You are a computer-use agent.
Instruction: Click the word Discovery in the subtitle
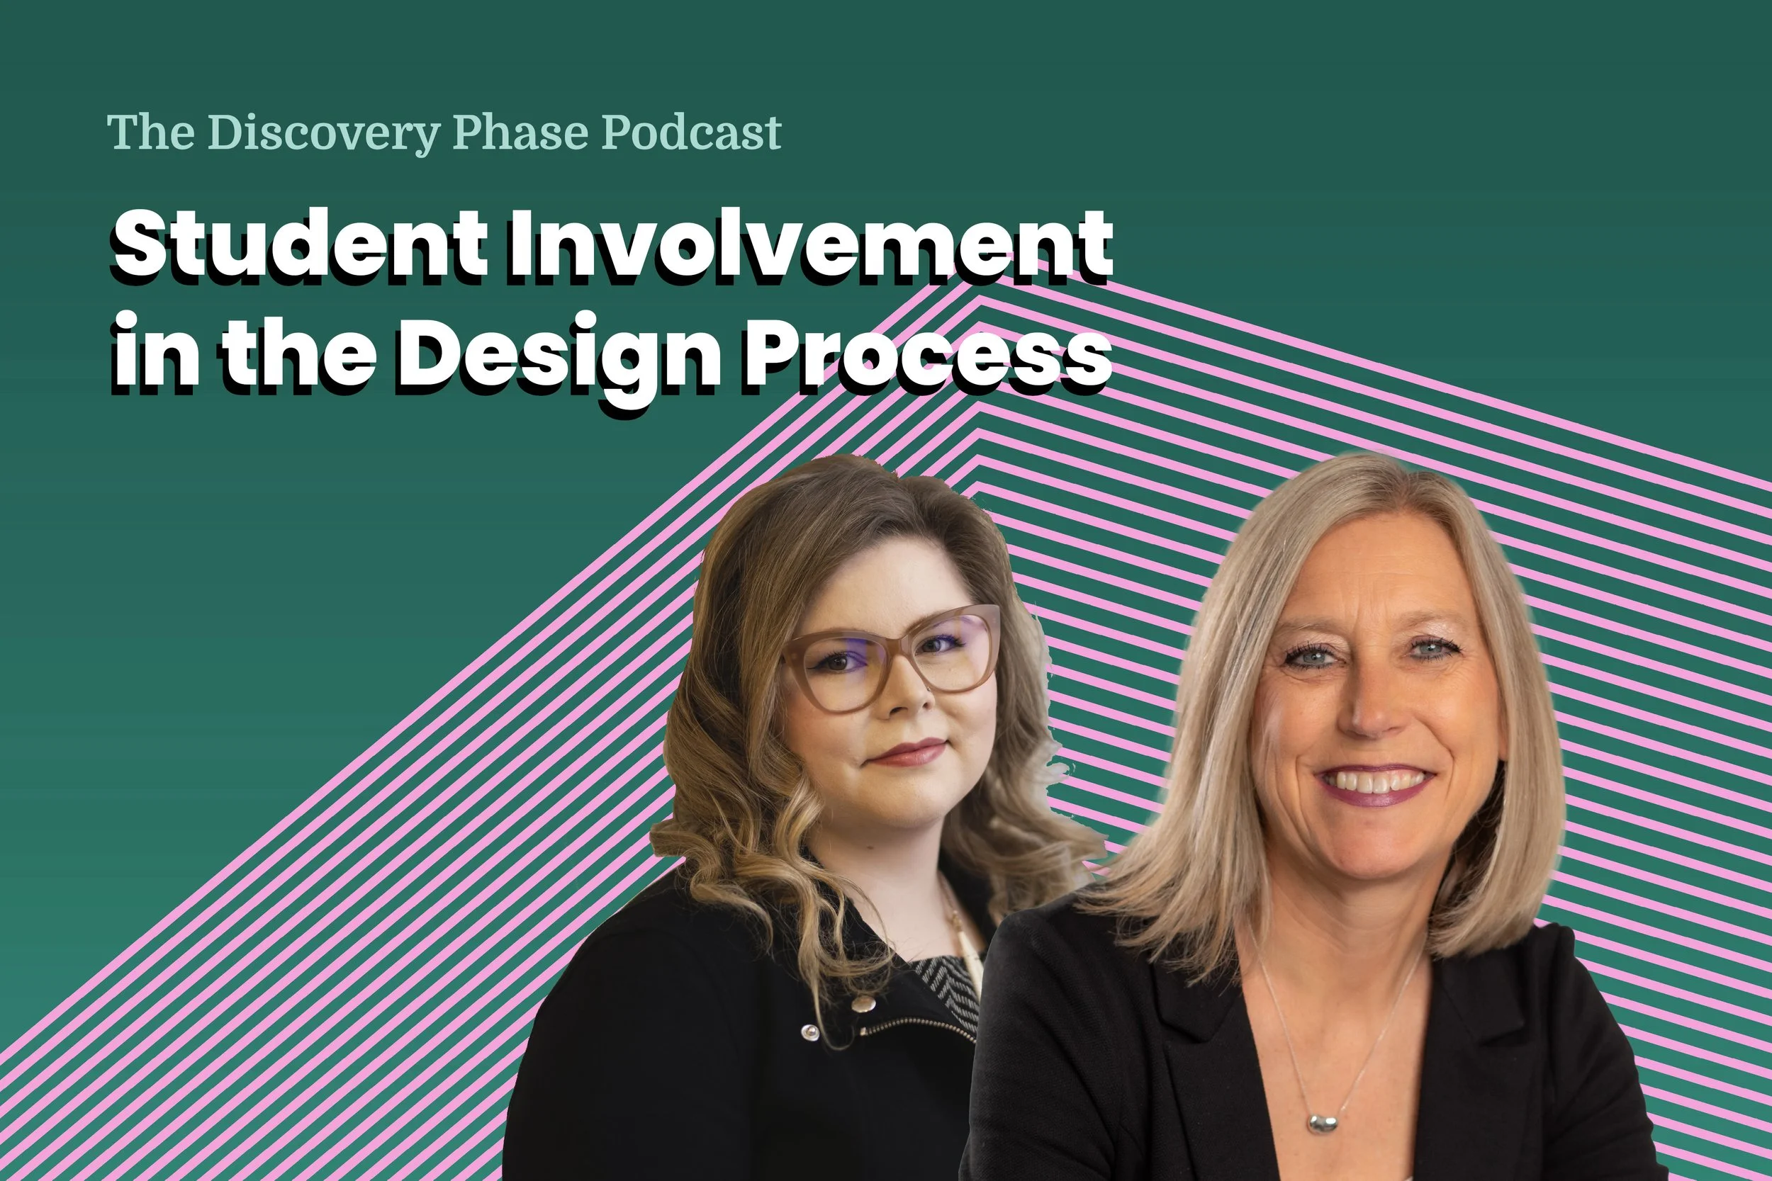tap(323, 133)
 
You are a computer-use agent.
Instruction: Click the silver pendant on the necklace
tap(1324, 1124)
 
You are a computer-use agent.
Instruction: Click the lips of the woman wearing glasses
tap(909, 752)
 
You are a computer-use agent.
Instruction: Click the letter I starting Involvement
tap(520, 246)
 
